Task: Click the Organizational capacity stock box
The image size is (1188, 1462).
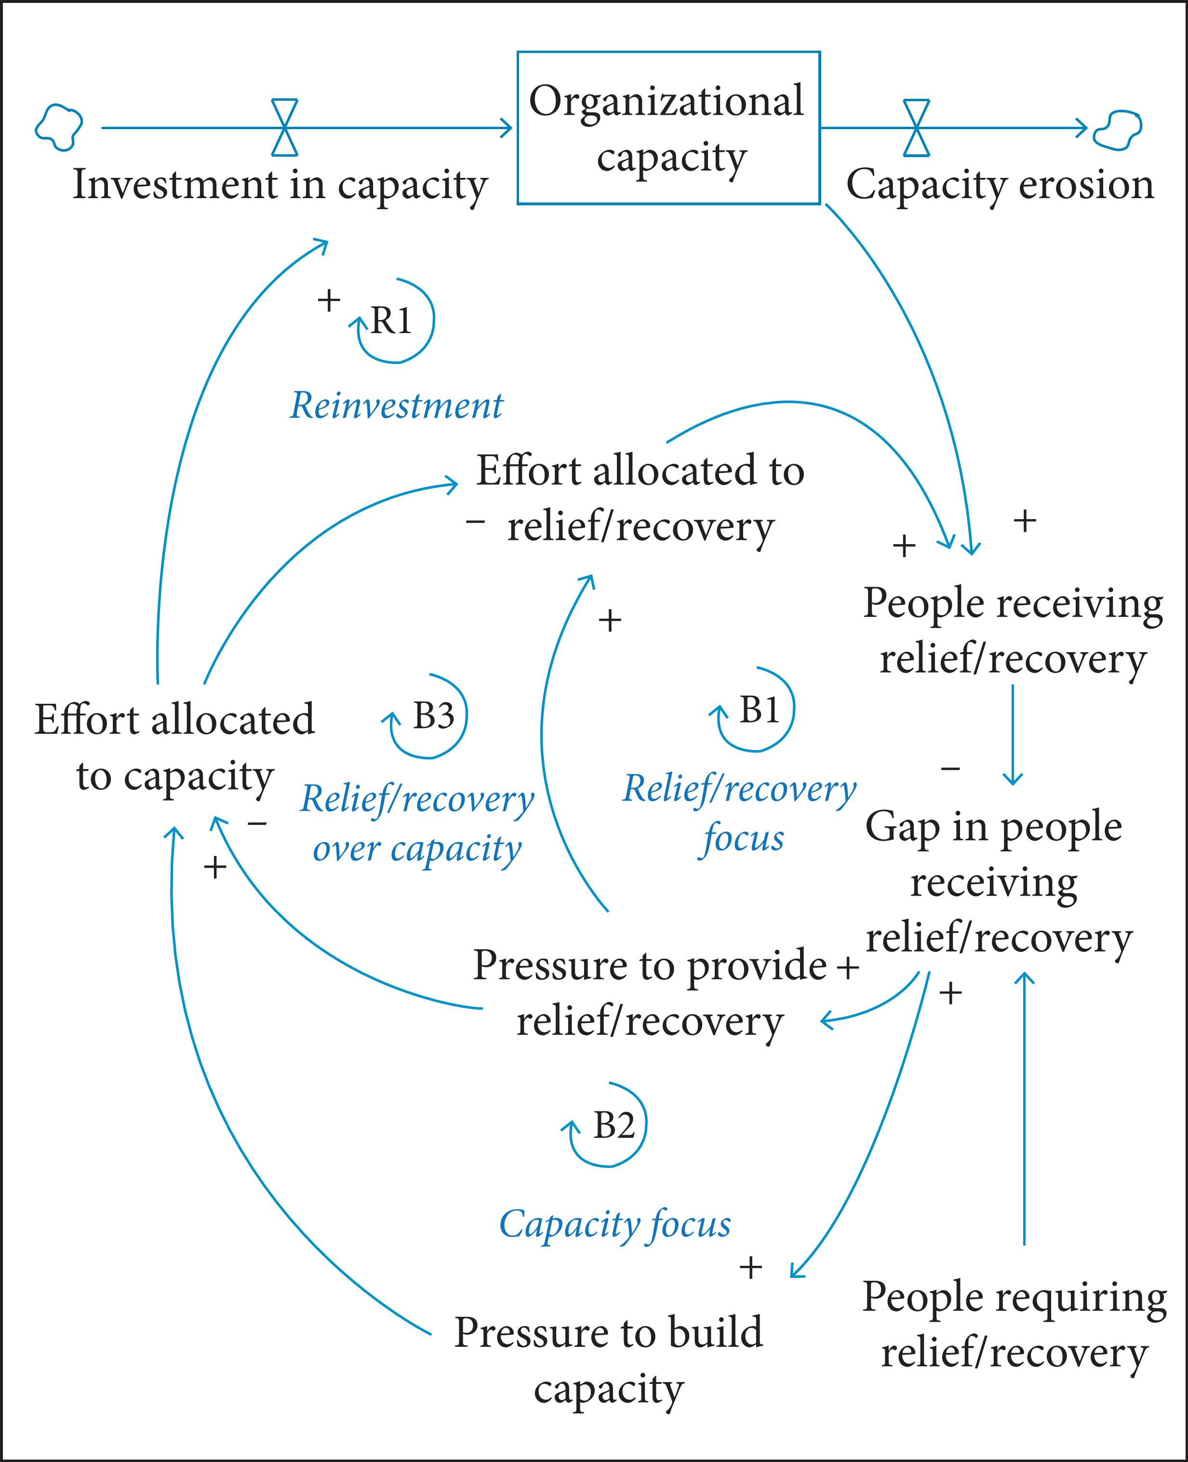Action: (668, 128)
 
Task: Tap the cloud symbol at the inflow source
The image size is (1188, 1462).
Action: (59, 127)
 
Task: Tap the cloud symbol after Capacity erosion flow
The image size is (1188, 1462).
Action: (1118, 129)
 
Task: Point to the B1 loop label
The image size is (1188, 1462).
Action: (759, 710)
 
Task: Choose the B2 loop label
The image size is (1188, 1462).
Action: (613, 1125)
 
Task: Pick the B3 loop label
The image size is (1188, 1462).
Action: (432, 716)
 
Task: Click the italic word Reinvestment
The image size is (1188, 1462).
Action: (396, 406)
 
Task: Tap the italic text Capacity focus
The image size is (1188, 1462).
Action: (614, 1224)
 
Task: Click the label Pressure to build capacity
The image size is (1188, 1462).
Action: (608, 1361)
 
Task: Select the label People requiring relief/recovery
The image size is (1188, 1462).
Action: (1014, 1325)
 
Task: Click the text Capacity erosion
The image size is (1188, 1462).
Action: (1000, 185)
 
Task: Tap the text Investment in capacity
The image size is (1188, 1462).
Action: (280, 185)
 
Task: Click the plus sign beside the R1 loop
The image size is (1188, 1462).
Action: (329, 300)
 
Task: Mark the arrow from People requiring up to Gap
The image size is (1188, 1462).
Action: (1024, 1109)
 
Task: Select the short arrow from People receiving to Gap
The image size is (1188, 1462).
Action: (1012, 736)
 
